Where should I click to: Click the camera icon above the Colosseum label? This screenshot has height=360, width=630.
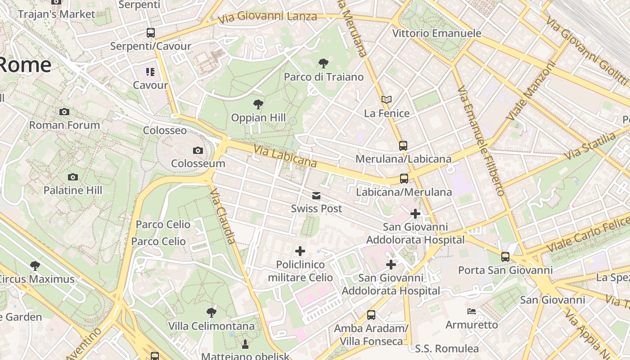(x=198, y=150)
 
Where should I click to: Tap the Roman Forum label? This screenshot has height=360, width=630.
(x=64, y=125)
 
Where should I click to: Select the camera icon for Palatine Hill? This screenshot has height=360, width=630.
(x=73, y=177)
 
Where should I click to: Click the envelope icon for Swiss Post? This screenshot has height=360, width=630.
(x=316, y=196)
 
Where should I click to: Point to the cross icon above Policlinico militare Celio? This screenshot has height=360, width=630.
(x=300, y=251)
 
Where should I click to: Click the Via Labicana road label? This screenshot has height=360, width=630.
(x=285, y=156)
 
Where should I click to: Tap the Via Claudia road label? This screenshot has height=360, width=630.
(x=223, y=216)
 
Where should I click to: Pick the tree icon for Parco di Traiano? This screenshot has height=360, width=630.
(x=323, y=63)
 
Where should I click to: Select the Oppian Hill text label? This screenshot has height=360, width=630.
(x=258, y=118)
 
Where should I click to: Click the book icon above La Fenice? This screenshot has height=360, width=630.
(x=387, y=100)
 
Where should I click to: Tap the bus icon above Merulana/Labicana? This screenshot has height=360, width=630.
(x=403, y=146)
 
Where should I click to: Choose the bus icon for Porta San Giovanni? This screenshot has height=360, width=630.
(x=505, y=257)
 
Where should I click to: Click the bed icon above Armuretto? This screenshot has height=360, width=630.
(x=471, y=311)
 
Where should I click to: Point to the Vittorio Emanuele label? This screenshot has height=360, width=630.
(x=436, y=33)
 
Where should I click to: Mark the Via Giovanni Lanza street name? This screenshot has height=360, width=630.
(x=268, y=17)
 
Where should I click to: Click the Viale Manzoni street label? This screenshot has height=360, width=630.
(x=531, y=90)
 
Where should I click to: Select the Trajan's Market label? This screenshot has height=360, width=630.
(x=57, y=14)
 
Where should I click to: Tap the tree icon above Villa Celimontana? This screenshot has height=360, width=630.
(x=211, y=312)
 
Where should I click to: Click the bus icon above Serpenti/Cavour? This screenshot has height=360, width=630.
(x=150, y=33)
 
